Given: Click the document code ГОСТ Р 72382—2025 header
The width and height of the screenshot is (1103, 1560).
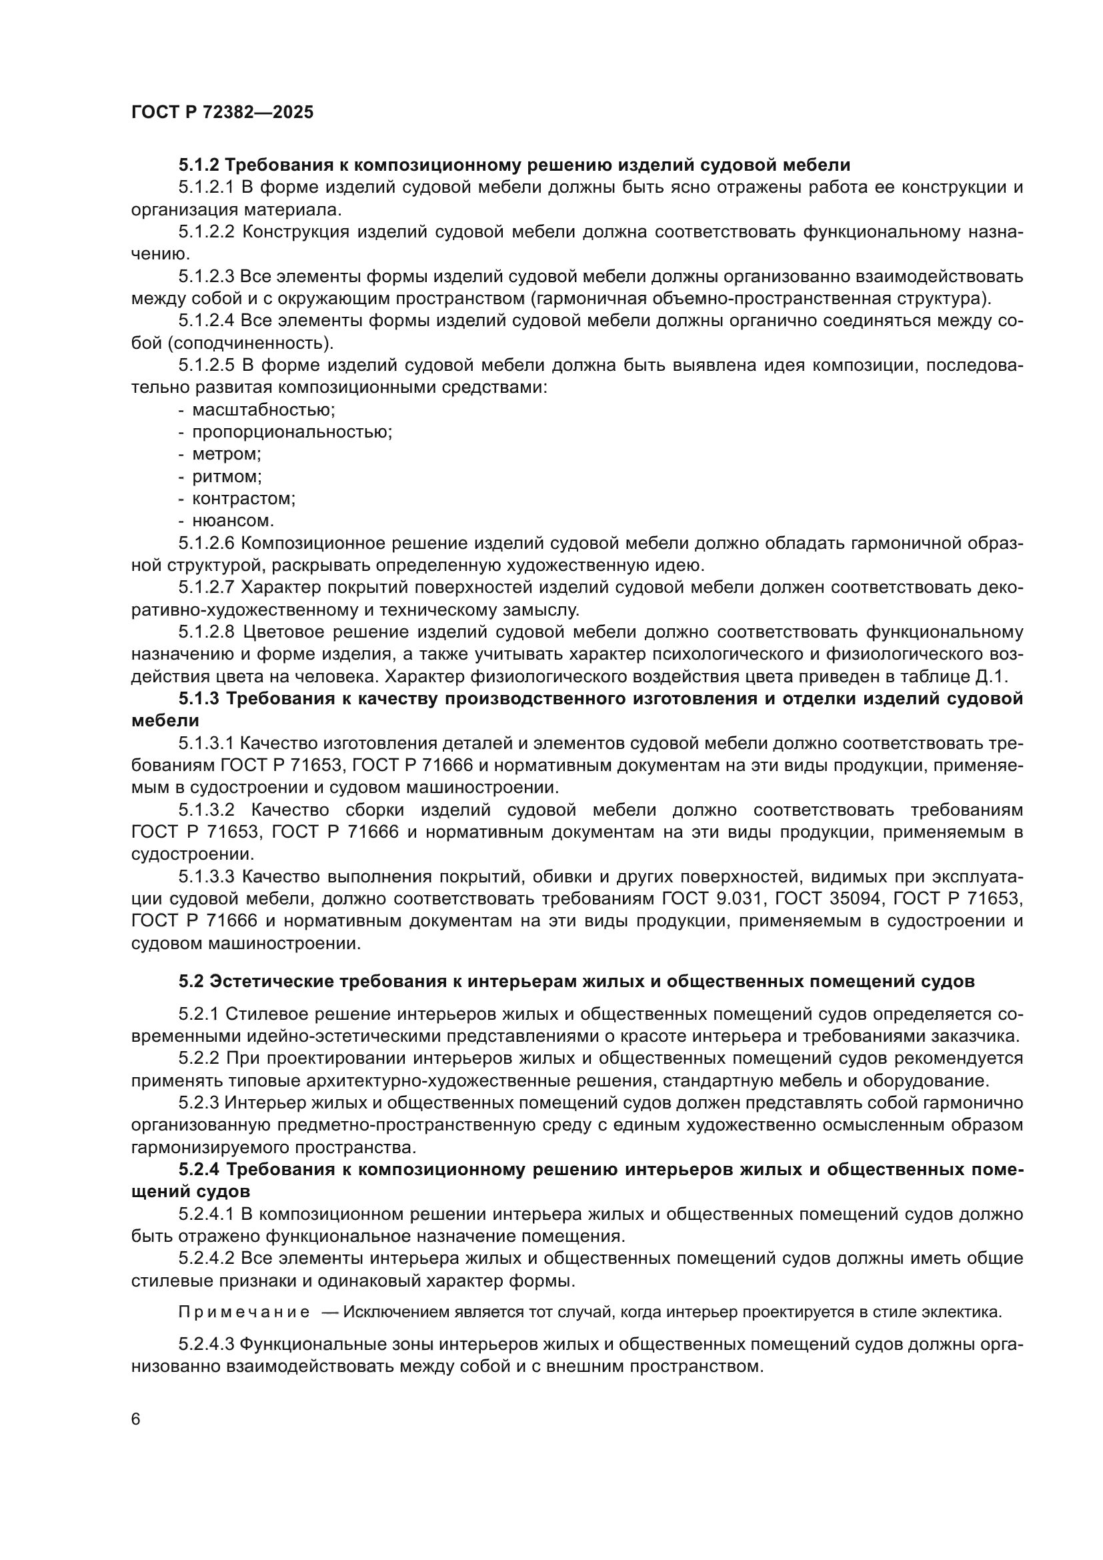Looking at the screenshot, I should [x=222, y=113].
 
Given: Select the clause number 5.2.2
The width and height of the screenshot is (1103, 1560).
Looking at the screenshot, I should [x=199, y=1058].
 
